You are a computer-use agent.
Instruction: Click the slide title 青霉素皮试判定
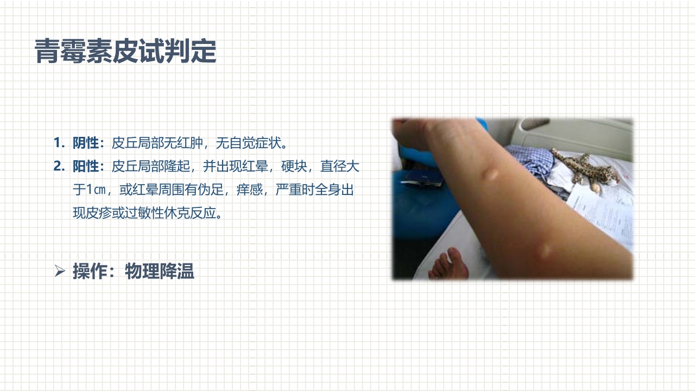click(125, 52)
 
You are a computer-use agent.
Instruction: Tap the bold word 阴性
click(86, 143)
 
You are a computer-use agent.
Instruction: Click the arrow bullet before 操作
click(60, 270)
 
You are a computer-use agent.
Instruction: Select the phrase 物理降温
click(160, 270)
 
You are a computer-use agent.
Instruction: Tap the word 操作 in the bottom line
click(90, 270)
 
